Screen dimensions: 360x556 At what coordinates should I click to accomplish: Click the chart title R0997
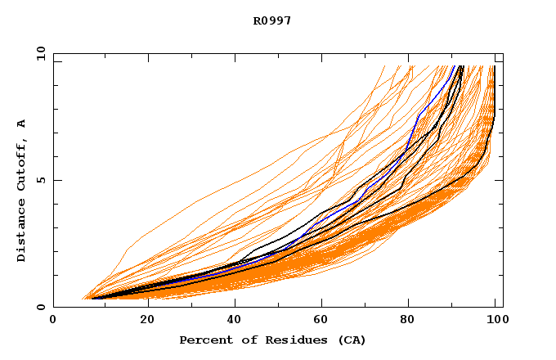(272, 21)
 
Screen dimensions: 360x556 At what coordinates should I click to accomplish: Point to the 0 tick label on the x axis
(53, 321)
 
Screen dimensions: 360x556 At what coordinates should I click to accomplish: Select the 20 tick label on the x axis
(142, 321)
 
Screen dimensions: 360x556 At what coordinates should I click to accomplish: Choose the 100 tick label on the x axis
(496, 321)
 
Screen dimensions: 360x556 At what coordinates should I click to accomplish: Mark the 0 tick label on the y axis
(41, 307)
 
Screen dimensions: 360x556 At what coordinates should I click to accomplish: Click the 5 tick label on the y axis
(41, 180)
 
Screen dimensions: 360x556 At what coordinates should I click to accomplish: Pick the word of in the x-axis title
(244, 340)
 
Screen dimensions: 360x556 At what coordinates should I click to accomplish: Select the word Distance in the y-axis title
(21, 231)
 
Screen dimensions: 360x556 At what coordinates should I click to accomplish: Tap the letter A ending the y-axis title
(21, 124)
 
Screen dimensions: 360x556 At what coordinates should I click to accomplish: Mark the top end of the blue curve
(455, 66)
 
